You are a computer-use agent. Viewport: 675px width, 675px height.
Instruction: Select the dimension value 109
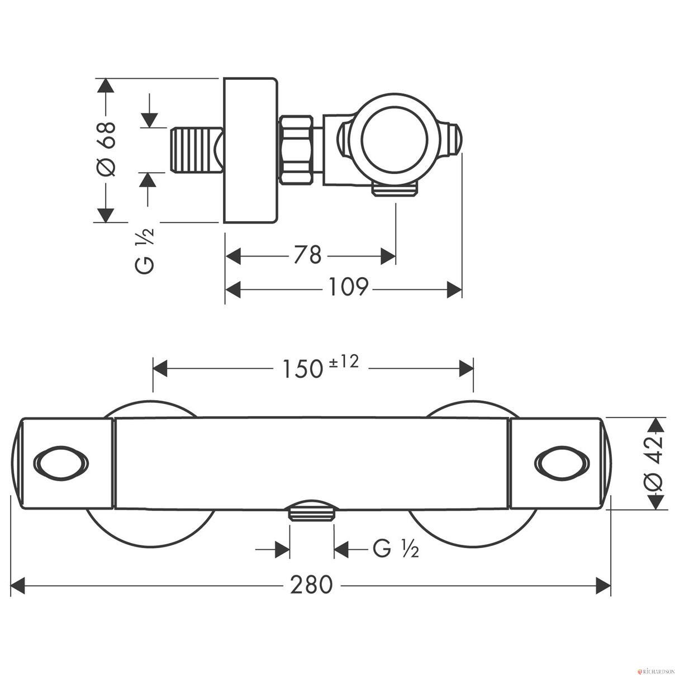348,287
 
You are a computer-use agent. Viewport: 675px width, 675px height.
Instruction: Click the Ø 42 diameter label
654,464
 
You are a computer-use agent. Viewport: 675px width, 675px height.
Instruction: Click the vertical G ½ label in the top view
144,251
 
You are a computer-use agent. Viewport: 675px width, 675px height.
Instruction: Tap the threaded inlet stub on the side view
197,150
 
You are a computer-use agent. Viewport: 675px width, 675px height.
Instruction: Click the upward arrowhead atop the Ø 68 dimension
106,85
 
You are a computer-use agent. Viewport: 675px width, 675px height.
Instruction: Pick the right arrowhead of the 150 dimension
466,368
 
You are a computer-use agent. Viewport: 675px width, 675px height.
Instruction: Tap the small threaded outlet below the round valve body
395,189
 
